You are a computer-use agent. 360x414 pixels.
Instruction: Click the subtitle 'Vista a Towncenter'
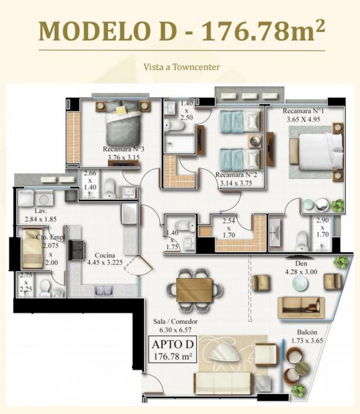(x=182, y=67)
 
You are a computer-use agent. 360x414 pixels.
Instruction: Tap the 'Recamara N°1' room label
(x=303, y=111)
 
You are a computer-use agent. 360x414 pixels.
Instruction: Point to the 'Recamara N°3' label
(x=123, y=149)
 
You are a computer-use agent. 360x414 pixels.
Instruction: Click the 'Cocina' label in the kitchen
(x=105, y=255)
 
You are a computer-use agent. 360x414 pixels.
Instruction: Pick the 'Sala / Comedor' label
(x=175, y=321)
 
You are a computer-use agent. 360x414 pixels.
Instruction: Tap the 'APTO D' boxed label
(x=173, y=344)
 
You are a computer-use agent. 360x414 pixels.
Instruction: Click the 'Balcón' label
(x=307, y=332)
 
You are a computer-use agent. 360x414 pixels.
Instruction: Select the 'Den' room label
(x=301, y=263)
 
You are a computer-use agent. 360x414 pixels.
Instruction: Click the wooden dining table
(x=194, y=290)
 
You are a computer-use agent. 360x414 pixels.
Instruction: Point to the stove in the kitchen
(x=77, y=250)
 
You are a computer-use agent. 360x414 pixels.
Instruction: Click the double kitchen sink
(x=103, y=291)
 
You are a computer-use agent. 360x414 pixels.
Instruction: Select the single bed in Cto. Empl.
(x=32, y=249)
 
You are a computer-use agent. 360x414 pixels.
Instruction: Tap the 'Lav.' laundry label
(x=41, y=211)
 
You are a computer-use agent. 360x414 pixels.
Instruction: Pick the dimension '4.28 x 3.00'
(x=301, y=272)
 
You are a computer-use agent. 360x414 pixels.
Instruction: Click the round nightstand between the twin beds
(x=255, y=142)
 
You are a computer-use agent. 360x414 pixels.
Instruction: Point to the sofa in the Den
(x=301, y=308)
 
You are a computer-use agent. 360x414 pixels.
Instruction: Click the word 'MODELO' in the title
(x=95, y=31)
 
